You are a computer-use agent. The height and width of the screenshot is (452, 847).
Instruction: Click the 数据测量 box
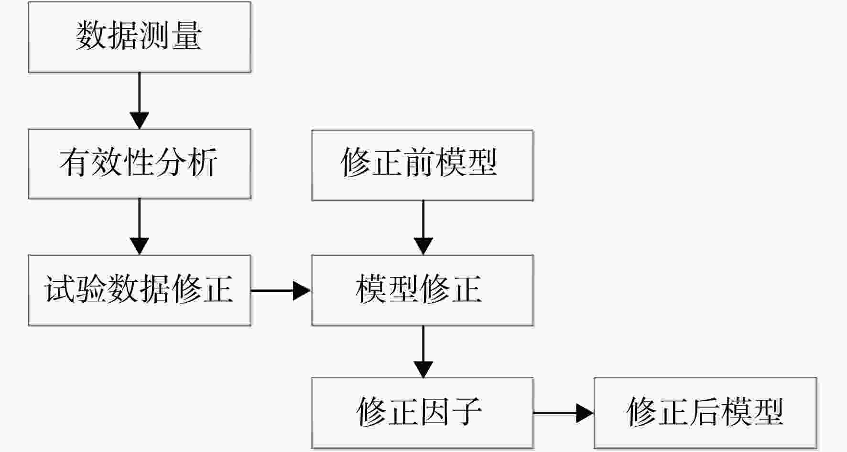tap(140, 37)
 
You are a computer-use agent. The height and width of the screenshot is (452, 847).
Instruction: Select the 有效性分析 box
tap(140, 164)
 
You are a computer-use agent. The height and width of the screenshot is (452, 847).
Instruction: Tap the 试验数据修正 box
tap(140, 290)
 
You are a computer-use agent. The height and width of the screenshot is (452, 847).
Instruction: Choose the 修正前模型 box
tap(423, 165)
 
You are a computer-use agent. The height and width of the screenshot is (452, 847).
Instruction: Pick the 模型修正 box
tap(423, 290)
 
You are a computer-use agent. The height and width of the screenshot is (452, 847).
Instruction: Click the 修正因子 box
tap(423, 413)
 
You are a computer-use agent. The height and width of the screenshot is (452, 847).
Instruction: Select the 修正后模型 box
tap(706, 413)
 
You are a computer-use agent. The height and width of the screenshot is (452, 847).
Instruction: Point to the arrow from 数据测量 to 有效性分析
tap(140, 100)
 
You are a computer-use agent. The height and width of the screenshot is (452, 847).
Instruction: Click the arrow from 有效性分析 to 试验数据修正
tap(140, 227)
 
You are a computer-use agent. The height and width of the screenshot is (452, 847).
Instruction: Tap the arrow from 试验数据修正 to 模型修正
tap(281, 290)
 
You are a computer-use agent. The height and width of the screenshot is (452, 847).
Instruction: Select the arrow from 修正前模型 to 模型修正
tap(423, 228)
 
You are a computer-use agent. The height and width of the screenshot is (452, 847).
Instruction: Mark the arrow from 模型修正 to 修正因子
tap(423, 352)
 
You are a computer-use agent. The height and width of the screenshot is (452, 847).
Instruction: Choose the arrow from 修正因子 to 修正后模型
tap(564, 413)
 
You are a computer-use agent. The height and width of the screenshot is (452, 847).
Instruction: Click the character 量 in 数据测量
tap(187, 35)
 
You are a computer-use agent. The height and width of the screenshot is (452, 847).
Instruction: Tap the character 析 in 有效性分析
tap(203, 162)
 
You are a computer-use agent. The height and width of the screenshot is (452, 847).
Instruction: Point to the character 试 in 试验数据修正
tap(59, 289)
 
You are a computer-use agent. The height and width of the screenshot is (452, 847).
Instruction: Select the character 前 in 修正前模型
tap(419, 162)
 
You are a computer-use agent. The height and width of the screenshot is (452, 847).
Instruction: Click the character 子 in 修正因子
tap(467, 411)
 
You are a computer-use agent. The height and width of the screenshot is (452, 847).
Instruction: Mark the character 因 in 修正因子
tap(434, 411)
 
